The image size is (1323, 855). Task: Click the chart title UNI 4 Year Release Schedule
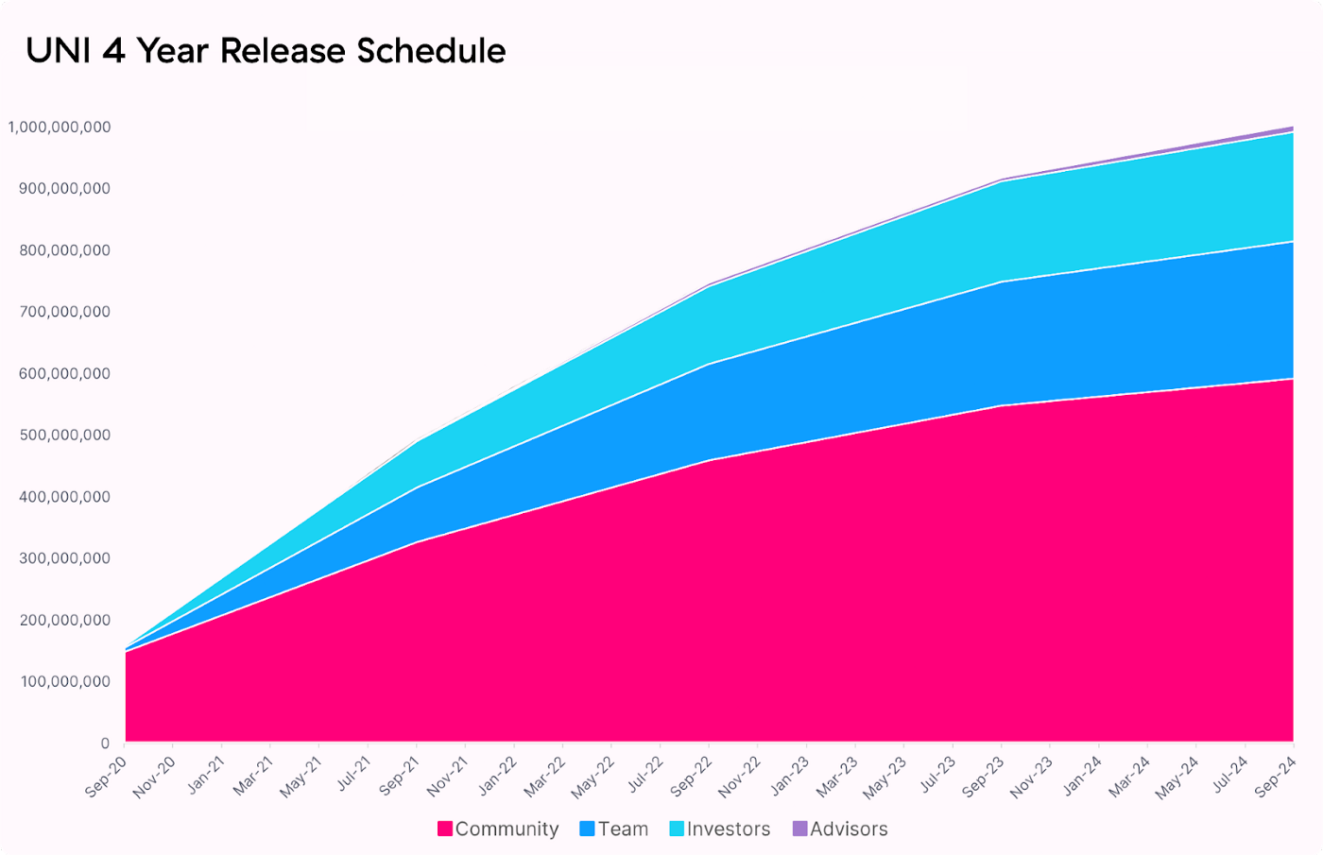266,51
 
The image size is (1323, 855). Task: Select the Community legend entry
498,829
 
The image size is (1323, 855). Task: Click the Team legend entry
614,829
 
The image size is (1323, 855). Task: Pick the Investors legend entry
720,829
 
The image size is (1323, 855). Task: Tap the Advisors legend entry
840,829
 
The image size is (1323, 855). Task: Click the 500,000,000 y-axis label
64,436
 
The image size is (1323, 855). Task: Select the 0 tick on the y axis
105,744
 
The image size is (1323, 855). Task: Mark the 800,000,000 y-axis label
64,250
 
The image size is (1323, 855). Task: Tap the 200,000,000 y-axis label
64,620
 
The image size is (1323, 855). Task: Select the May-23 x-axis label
885,778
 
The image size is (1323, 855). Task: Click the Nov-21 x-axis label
447,778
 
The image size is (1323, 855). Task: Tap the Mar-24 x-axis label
1129,778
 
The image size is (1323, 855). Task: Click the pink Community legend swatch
445,829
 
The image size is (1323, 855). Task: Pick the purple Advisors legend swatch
799,829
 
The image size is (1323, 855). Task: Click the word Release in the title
283,51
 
